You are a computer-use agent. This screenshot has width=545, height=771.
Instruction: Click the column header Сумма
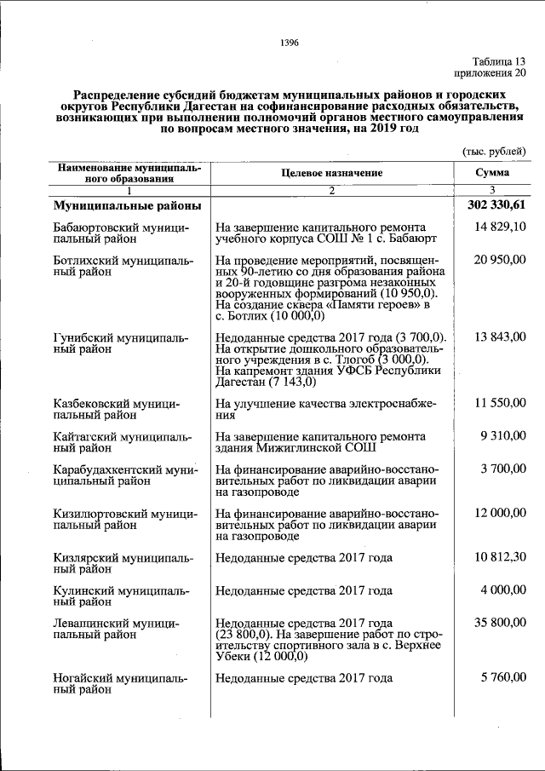click(492, 172)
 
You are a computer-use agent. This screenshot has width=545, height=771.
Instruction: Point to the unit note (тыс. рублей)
click(494, 150)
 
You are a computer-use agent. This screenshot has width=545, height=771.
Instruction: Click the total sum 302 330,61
click(496, 205)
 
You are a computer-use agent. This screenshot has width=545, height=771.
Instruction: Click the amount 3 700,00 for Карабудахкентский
click(503, 468)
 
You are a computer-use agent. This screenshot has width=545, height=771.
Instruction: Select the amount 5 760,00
click(503, 678)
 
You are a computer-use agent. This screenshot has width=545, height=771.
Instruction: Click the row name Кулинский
click(88, 590)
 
